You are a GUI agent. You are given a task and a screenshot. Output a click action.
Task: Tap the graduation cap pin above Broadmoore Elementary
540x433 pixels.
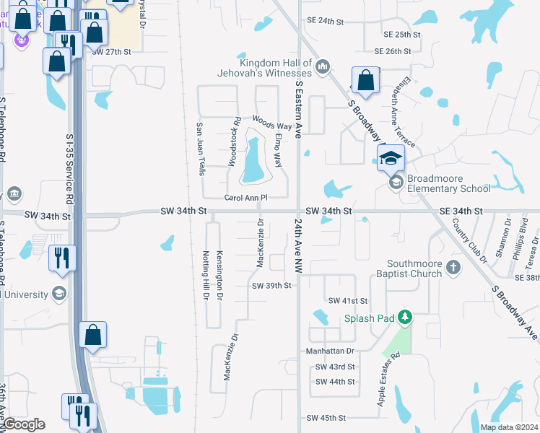point(391,158)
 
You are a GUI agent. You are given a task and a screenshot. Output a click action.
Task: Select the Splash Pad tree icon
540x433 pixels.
point(406,318)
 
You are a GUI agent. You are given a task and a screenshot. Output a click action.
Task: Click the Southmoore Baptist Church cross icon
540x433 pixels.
point(453,268)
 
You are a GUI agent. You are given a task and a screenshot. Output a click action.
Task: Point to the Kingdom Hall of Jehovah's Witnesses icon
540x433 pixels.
point(323,67)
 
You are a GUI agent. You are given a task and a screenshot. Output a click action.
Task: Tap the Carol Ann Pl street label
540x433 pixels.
point(246,197)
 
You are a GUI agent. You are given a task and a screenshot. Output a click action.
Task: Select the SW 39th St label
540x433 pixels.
point(271,286)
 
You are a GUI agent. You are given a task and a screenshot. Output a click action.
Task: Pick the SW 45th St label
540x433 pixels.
point(327,418)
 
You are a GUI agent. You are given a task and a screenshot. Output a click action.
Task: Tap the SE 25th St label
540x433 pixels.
point(402,35)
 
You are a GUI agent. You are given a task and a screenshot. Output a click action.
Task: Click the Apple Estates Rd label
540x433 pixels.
point(388,379)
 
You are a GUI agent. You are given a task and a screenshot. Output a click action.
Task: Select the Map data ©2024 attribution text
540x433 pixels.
point(508,427)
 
